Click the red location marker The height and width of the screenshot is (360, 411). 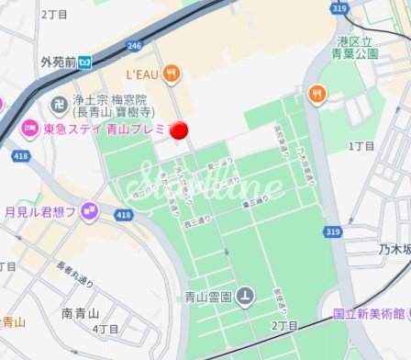(180, 131)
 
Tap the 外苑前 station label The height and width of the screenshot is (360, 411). (58, 62)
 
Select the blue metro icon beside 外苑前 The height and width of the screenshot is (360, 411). (83, 62)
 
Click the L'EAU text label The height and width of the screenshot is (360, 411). (143, 73)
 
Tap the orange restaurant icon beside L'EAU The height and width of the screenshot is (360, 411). (172, 73)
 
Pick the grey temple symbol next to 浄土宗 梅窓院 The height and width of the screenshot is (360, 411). (58, 103)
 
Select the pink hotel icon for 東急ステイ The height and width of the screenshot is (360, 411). (28, 128)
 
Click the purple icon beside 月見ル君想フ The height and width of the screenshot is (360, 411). (88, 213)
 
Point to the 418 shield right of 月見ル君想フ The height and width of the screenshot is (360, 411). (123, 215)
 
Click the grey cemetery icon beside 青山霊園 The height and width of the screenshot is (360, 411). (245, 296)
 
